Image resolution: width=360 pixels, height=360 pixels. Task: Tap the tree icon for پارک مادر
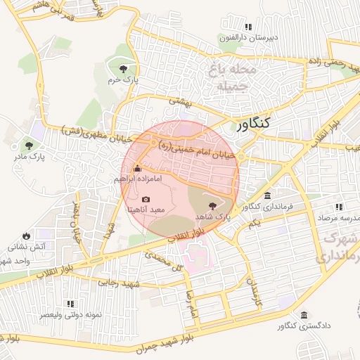[x=29, y=146]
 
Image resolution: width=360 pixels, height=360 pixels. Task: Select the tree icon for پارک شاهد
[x=212, y=205]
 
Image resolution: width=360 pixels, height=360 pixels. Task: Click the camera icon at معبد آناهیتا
[x=146, y=199]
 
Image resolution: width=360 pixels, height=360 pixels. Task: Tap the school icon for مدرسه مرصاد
[x=339, y=207]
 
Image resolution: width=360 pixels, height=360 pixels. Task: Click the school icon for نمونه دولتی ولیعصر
[x=70, y=304]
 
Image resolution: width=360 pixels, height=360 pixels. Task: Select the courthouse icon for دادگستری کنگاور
[x=304, y=316]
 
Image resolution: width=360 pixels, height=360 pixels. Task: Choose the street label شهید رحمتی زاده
[x=335, y=62]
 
